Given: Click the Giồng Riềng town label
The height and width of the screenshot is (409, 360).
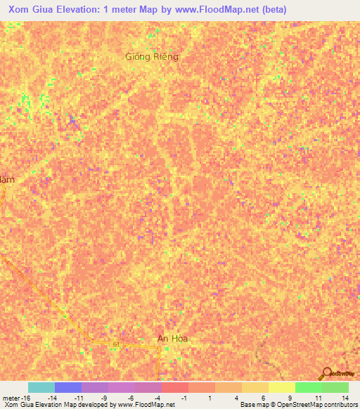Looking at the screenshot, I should click(x=152, y=56).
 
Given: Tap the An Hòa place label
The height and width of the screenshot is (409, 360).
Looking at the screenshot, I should click(x=173, y=339).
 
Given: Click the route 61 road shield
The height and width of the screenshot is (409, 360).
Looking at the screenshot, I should click(x=115, y=344).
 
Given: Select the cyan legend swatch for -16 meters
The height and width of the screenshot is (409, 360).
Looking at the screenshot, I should click(x=41, y=387).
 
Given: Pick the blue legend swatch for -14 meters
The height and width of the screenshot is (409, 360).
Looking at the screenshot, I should click(x=68, y=387).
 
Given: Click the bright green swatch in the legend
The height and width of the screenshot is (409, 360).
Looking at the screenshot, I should click(x=308, y=387).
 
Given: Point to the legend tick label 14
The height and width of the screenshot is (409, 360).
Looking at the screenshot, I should click(x=345, y=398).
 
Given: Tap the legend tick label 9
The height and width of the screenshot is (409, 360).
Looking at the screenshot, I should click(x=290, y=398).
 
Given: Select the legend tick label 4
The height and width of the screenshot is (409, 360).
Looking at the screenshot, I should click(x=236, y=398).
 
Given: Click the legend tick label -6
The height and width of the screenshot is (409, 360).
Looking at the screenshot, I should click(x=131, y=398).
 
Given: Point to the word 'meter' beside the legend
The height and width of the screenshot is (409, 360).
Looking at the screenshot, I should click(x=11, y=398).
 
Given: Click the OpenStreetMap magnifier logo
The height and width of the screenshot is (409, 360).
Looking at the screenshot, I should click(x=326, y=373).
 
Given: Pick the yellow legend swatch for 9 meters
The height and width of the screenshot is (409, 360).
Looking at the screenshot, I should click(x=281, y=387).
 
